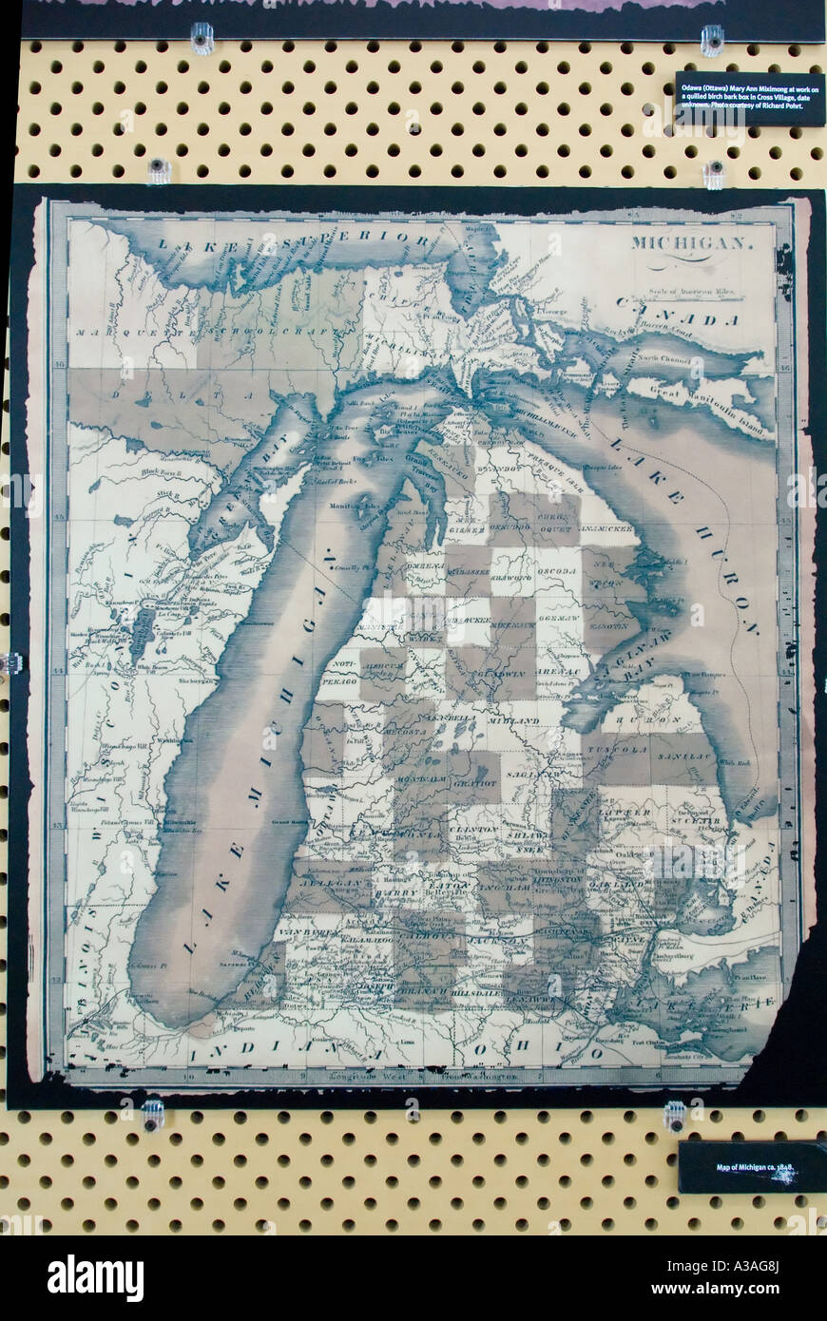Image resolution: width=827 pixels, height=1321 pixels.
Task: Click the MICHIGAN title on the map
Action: point(692,242)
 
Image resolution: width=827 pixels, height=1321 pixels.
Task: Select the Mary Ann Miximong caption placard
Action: point(750,99)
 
